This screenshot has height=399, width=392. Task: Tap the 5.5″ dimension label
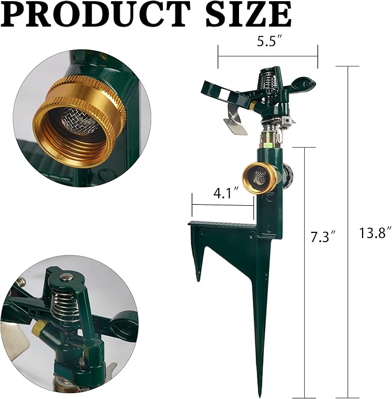click(268, 42)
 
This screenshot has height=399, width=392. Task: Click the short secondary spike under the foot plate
click(199, 265)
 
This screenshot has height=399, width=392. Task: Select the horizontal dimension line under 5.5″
click(268, 57)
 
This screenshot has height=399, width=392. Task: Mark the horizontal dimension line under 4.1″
click(223, 205)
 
